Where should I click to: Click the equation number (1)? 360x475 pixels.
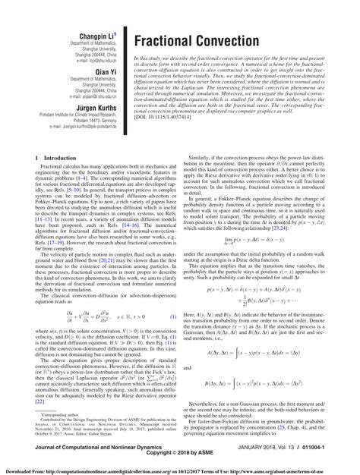[172, 316]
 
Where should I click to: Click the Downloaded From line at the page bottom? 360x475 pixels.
[180, 469]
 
